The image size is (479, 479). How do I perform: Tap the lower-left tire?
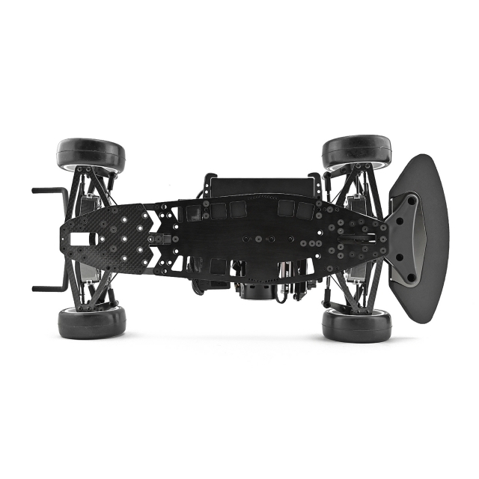coord(91,321)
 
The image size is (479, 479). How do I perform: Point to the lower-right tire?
coord(356,324)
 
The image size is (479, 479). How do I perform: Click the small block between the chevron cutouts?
coord(161,239)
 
